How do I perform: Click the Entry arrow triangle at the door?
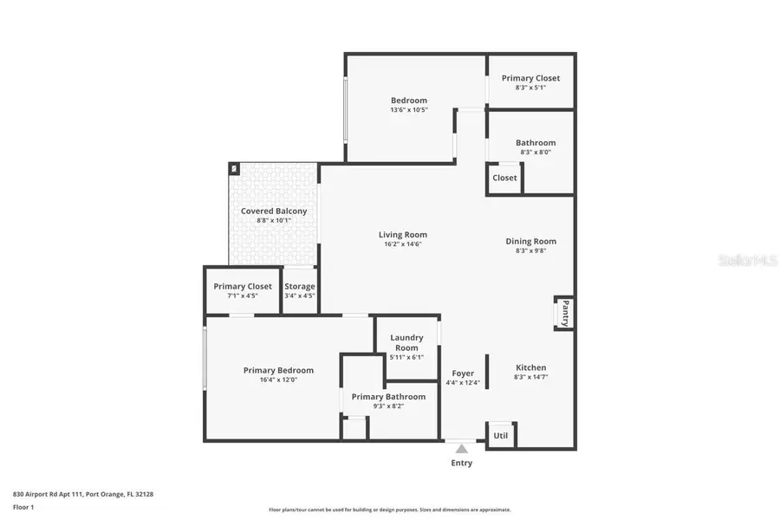tap(462, 448)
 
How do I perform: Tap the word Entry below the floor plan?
tap(462, 463)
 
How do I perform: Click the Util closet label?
tap(501, 435)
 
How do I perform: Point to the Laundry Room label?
tap(406, 342)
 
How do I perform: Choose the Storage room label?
tap(300, 286)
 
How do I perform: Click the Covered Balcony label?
tap(273, 211)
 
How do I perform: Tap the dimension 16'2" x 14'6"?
tap(403, 244)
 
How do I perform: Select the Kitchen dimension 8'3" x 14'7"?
tap(531, 377)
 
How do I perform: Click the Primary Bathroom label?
tap(388, 396)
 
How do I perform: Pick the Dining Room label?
tap(531, 241)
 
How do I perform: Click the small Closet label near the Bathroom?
tap(504, 178)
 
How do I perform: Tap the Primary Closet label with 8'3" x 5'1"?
tap(531, 78)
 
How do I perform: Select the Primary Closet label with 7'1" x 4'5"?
tap(243, 286)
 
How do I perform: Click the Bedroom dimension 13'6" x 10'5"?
tap(409, 110)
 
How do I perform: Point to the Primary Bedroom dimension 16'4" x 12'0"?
tap(278, 380)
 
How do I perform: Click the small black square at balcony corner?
tap(233, 168)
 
